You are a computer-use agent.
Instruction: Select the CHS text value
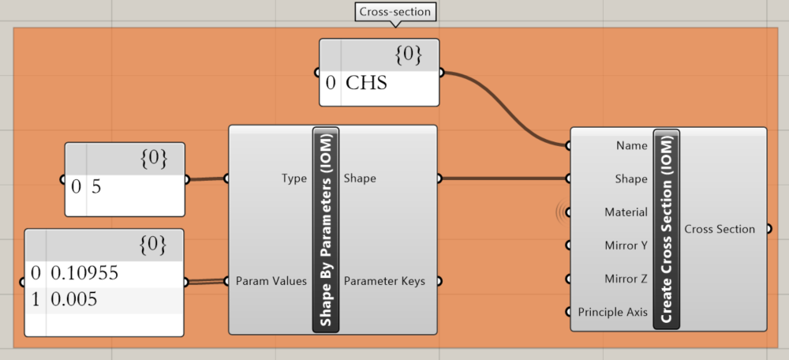coord(367,82)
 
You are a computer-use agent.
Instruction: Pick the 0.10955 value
coord(84,273)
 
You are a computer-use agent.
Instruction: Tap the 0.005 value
coord(75,300)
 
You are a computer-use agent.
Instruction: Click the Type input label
coord(294,178)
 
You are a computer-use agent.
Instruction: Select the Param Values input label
coord(271,281)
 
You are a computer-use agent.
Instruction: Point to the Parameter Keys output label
coord(384,281)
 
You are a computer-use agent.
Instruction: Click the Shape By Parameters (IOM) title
coord(325,230)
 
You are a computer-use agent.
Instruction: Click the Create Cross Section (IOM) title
coord(666,229)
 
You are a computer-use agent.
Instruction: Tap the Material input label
coord(626,212)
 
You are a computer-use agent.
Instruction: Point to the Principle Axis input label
coord(612,311)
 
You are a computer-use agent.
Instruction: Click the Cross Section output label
coord(720,229)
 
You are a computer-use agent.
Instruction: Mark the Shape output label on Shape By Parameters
coord(360,178)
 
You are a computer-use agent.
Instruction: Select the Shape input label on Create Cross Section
coord(631,178)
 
